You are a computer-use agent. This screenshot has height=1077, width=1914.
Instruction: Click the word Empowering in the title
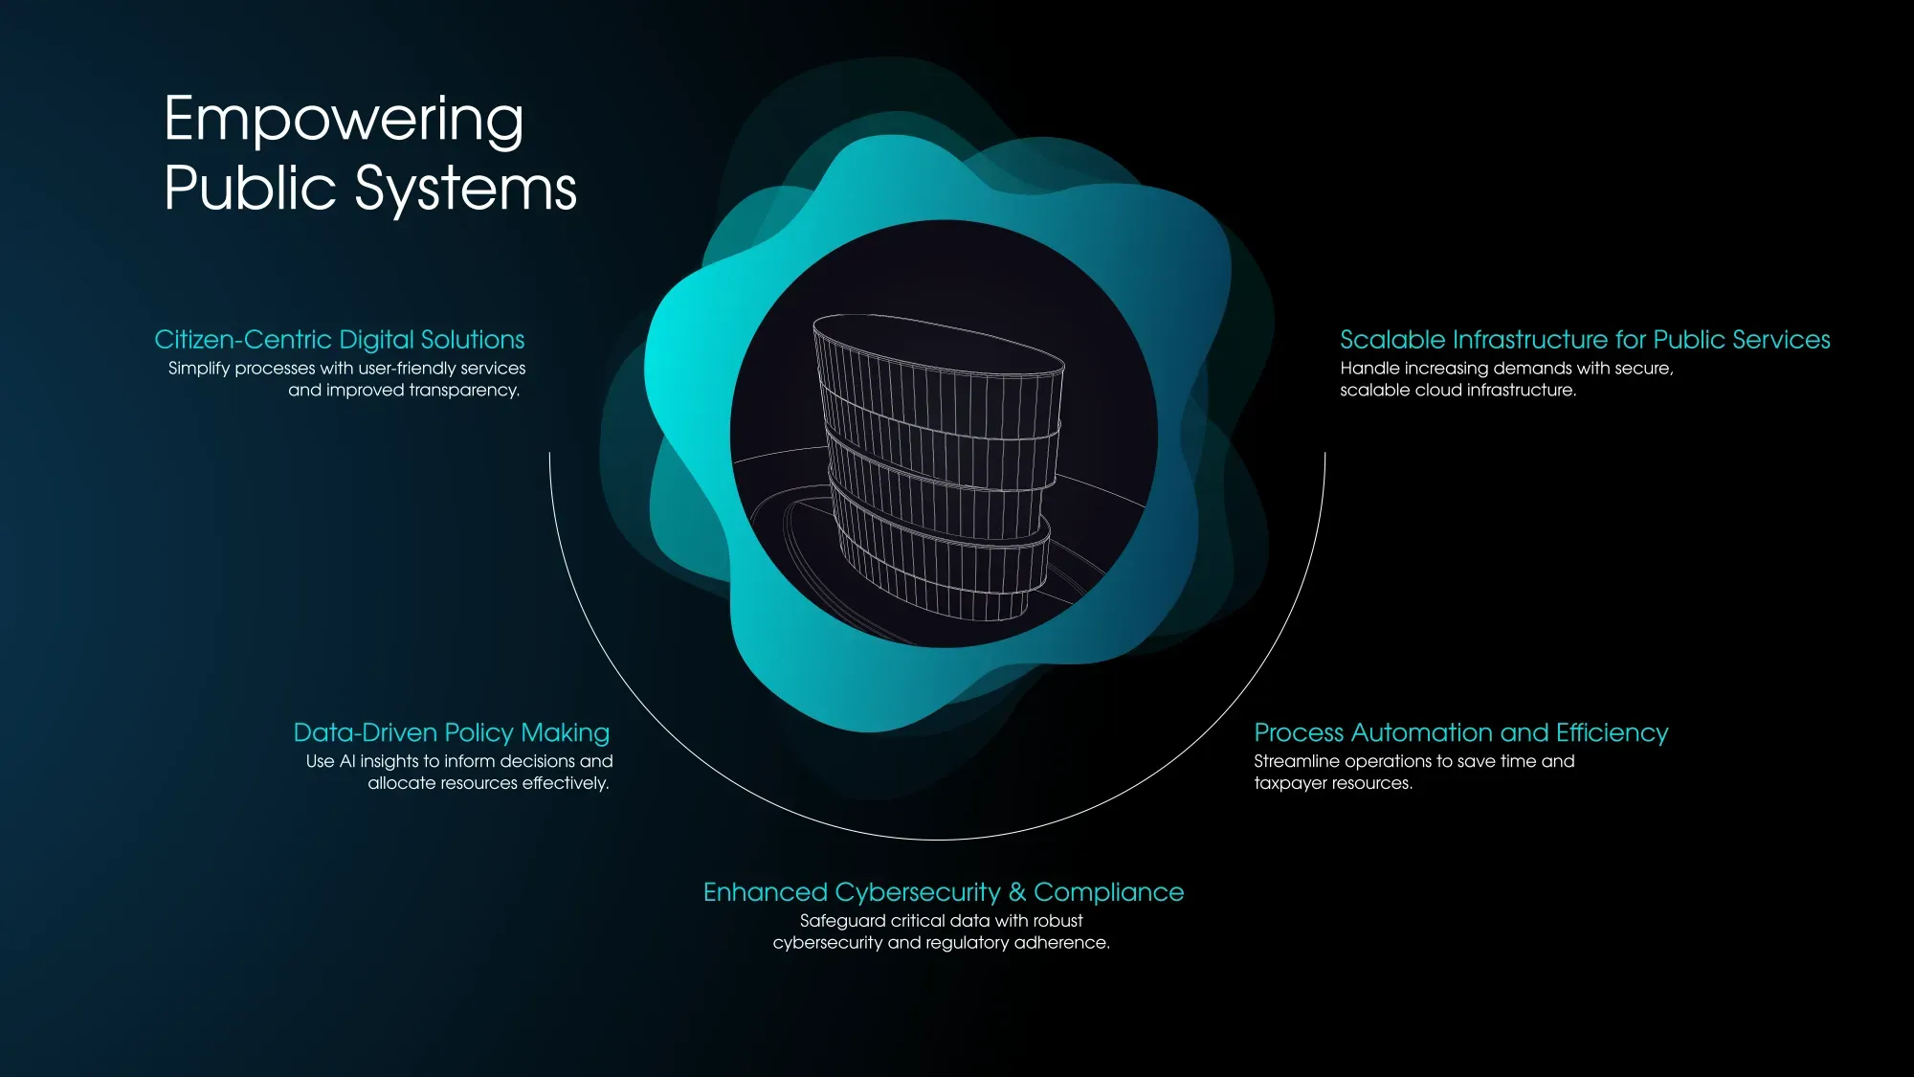[x=344, y=120]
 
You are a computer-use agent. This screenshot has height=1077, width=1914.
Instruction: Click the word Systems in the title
[x=466, y=188]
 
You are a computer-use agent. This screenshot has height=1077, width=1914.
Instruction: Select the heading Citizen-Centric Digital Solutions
[x=340, y=340]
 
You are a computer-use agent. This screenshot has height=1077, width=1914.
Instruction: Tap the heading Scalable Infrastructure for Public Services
[x=1585, y=340]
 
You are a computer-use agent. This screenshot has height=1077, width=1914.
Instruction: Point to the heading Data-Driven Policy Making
[x=451, y=732]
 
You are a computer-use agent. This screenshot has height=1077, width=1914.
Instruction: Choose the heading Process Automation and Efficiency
[x=1460, y=732]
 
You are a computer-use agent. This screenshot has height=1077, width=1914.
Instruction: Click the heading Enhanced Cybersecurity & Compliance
[x=943, y=892]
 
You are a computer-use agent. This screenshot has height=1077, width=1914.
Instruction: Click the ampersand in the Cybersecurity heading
[x=1016, y=892]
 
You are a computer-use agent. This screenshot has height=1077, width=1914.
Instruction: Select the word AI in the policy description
[x=347, y=761]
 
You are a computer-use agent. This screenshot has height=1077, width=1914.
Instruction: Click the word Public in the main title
[x=250, y=188]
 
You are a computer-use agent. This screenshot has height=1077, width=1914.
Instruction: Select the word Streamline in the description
[x=1297, y=761]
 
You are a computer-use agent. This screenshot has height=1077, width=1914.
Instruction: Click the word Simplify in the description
[x=198, y=369]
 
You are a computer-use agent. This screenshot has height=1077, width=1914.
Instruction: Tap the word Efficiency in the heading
[x=1612, y=732]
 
